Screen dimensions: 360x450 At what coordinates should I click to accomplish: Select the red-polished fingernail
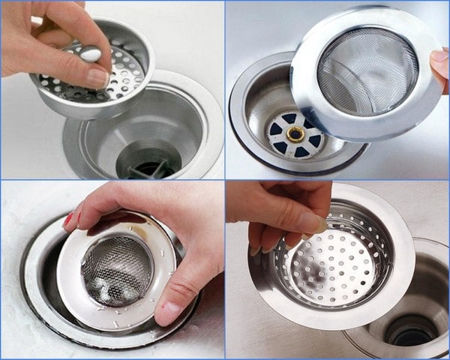[68, 220]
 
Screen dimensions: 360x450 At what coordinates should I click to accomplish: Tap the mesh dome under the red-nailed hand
[116, 270]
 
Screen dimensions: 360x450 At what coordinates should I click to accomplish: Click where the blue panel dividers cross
[225, 180]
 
